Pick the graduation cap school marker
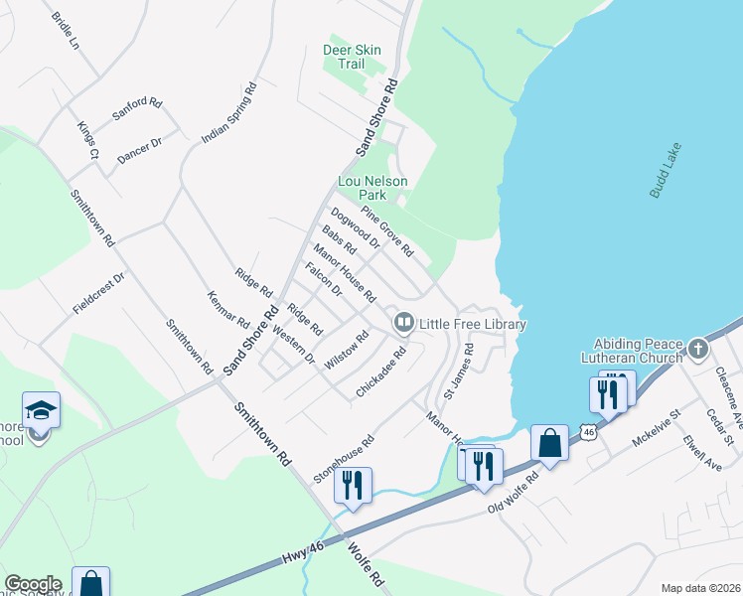(41, 409)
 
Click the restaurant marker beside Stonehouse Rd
(353, 485)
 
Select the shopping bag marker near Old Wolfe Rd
(549, 443)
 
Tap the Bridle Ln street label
(62, 33)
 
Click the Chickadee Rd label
(382, 372)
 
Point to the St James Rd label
(461, 365)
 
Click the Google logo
(33, 584)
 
